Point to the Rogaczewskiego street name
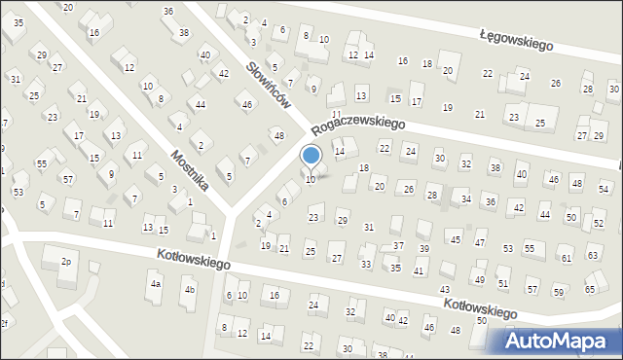(x=358, y=126)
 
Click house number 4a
(x=156, y=285)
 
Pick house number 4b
(x=191, y=290)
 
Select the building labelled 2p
(x=67, y=262)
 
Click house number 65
(x=590, y=290)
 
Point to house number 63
(x=593, y=255)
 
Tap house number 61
(x=566, y=258)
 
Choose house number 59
(x=559, y=292)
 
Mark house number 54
(x=604, y=188)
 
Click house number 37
(x=398, y=245)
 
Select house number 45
(x=455, y=238)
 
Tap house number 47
(x=480, y=241)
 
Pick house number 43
(x=445, y=290)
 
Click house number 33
(x=366, y=264)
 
